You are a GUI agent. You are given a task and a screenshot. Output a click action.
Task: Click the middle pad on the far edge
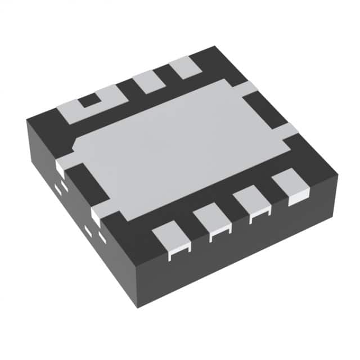149,81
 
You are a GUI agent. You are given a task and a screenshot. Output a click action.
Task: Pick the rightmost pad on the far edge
185,67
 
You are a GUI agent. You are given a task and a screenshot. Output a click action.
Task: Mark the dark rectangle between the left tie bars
84,183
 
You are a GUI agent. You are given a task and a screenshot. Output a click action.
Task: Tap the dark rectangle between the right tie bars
264,110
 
